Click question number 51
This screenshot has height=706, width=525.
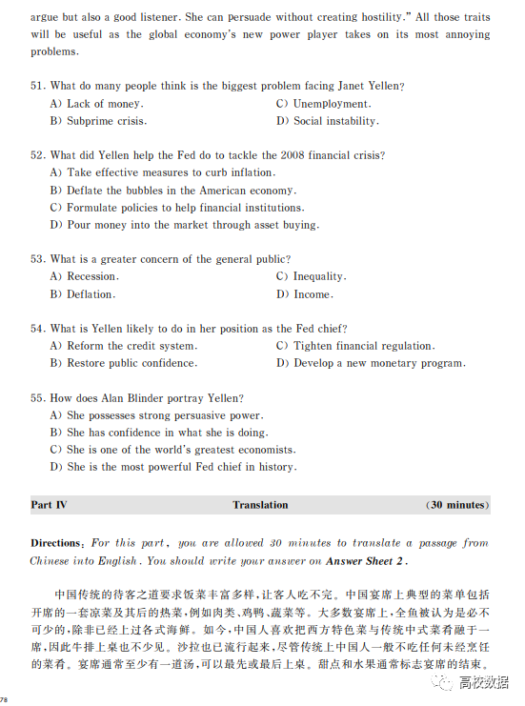38,86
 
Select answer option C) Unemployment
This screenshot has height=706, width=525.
323,104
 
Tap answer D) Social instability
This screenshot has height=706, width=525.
328,121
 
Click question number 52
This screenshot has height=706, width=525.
38,155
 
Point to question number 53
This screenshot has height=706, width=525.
38,259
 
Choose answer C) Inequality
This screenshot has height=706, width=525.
312,276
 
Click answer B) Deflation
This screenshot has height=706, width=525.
83,294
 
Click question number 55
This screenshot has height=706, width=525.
38,398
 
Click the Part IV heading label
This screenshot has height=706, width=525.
49,505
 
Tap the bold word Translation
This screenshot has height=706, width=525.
260,505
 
